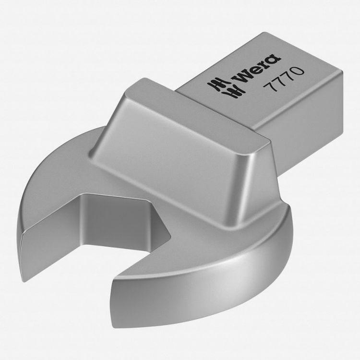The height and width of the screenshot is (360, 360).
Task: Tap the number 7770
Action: click(x=284, y=79)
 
